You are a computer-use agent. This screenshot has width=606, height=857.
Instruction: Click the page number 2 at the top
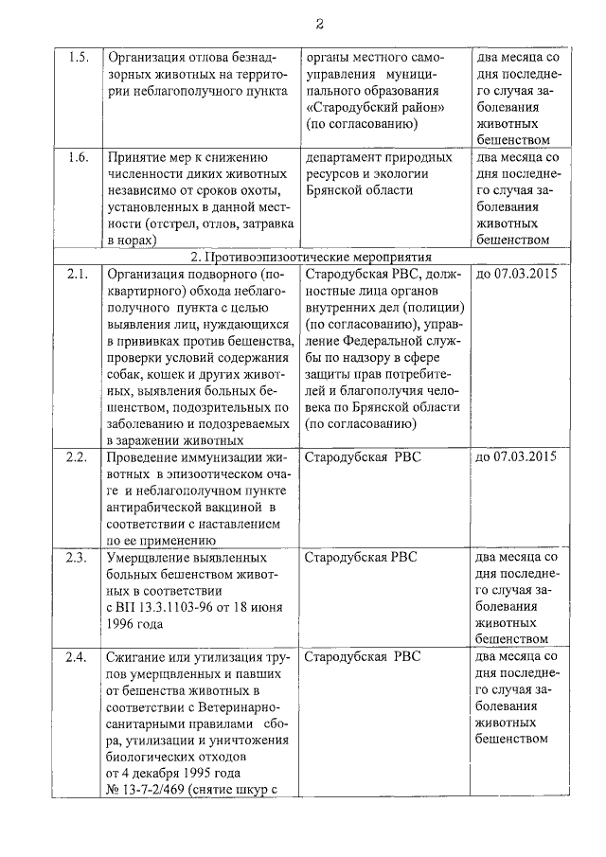(319, 23)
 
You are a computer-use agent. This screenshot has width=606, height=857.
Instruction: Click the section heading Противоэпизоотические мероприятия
(312, 257)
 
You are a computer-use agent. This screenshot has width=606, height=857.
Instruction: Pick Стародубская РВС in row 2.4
(362, 656)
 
